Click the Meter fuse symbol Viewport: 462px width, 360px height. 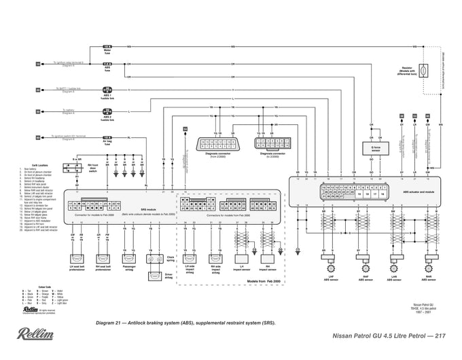107,46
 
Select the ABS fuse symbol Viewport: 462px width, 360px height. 107,64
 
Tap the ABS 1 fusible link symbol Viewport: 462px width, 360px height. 107,90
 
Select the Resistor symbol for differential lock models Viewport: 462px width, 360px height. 423,70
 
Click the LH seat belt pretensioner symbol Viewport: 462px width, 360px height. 77,258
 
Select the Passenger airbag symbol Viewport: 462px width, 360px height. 128,258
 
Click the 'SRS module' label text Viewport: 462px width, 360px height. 147,210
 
